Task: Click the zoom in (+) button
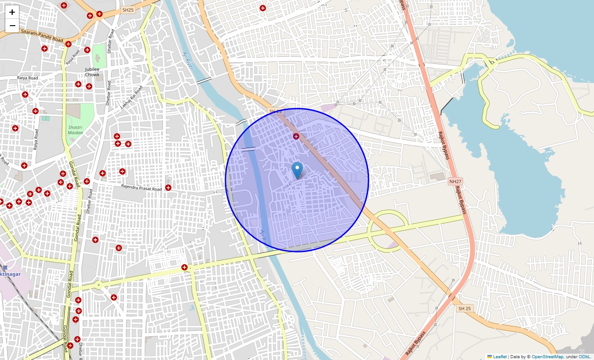(12, 13)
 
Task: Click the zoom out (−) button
(12, 26)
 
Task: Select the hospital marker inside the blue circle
(296, 136)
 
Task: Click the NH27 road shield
(455, 181)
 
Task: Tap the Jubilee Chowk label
(92, 72)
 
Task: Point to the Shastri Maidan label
(76, 130)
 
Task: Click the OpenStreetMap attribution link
(547, 357)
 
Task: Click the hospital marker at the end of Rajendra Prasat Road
(168, 187)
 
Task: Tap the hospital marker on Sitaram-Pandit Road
(68, 44)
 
